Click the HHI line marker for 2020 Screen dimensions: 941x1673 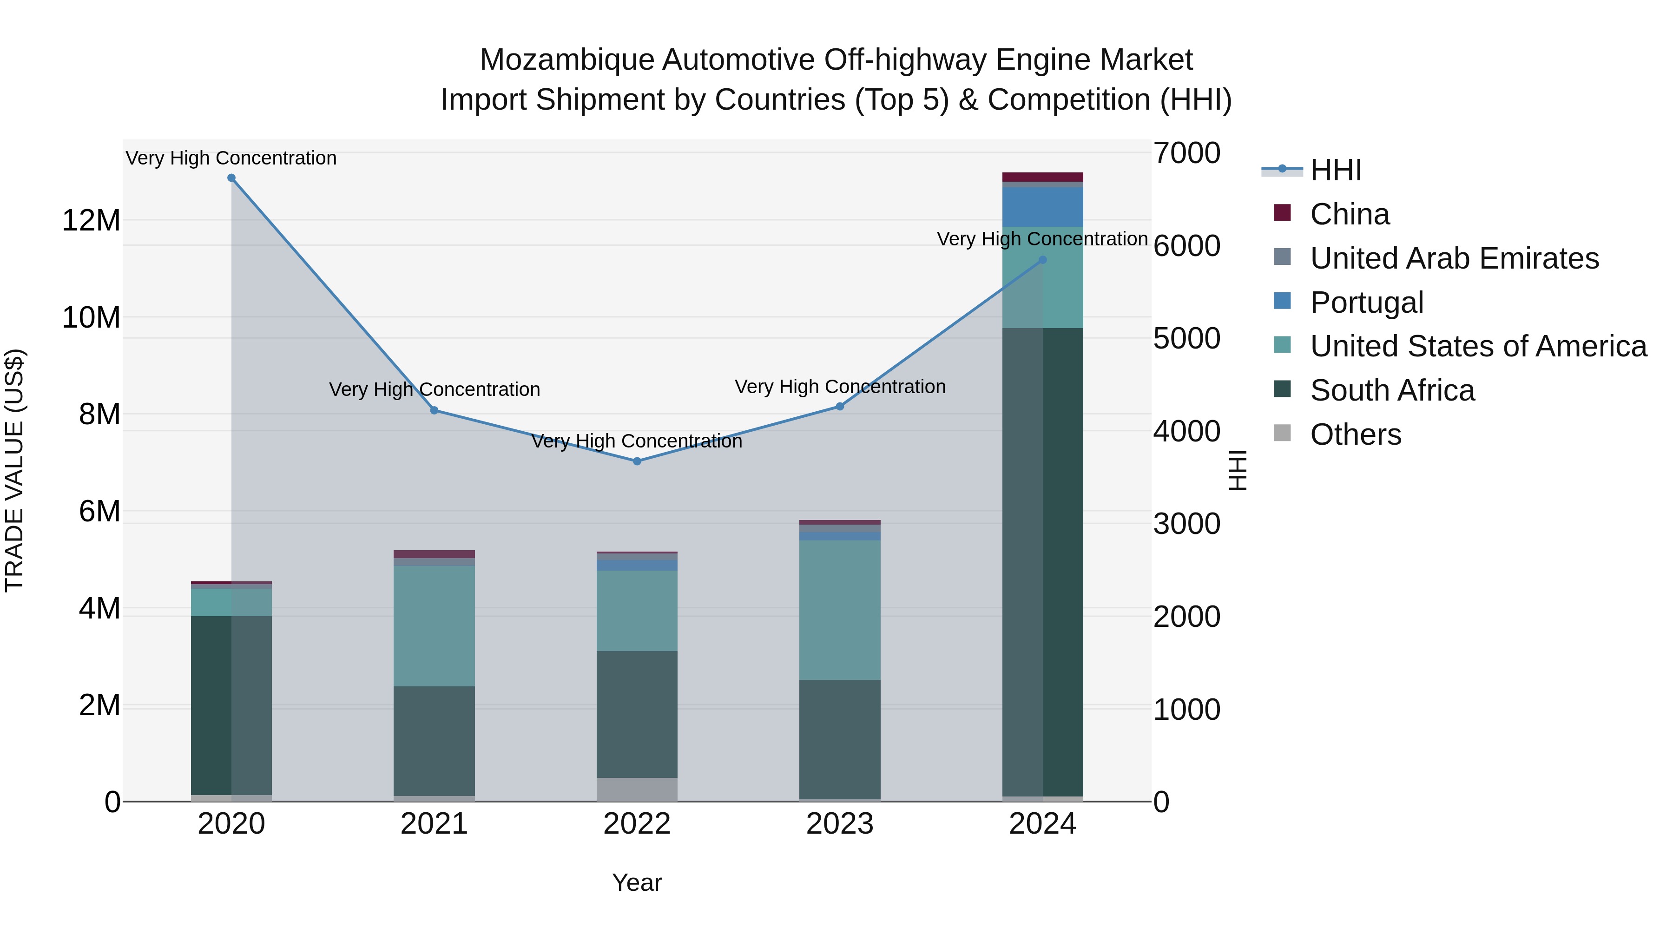[x=231, y=178]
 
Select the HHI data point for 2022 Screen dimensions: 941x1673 [x=637, y=461]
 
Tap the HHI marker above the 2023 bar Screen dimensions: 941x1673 [x=839, y=407]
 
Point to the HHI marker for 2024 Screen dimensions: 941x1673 [x=1042, y=260]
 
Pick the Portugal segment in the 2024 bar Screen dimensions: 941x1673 [x=1042, y=206]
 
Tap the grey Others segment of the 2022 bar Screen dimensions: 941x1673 [x=637, y=789]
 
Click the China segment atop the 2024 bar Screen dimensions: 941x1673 [x=1042, y=177]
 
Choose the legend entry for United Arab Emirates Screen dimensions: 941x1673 [x=1454, y=258]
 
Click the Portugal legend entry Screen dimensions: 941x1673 [x=1366, y=303]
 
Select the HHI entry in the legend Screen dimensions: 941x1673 [x=1335, y=170]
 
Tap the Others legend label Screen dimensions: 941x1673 [x=1356, y=434]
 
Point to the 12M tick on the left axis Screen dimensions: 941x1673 [x=91, y=221]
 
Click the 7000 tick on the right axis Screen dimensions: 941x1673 [x=1186, y=153]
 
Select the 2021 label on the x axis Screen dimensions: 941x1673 [x=434, y=824]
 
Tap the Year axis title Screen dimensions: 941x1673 [x=637, y=882]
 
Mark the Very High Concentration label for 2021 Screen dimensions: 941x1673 [x=434, y=390]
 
